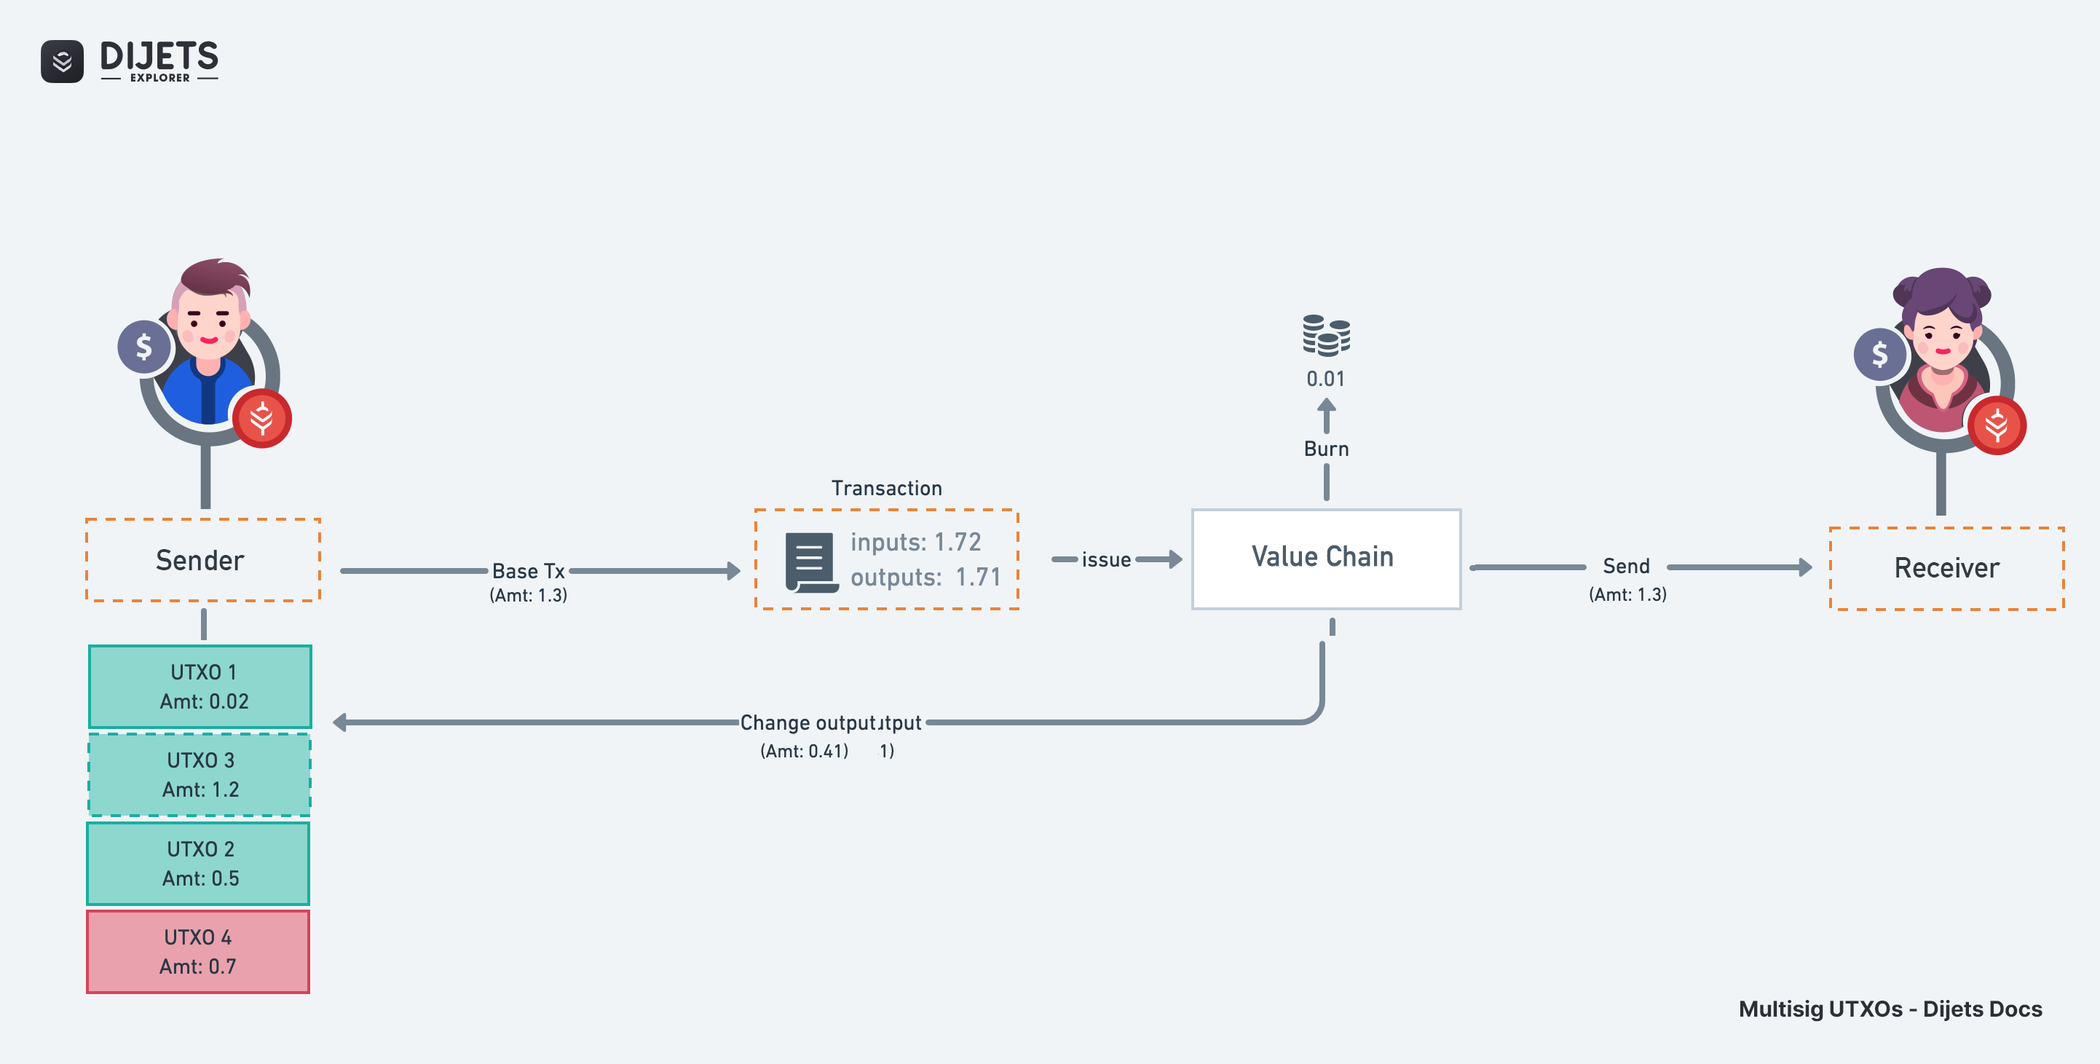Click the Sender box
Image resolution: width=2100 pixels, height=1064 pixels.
point(203,560)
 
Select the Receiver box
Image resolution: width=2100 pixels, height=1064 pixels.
point(1946,568)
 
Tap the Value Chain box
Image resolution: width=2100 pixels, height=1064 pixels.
point(1325,559)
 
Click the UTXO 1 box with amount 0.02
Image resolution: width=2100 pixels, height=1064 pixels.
point(200,687)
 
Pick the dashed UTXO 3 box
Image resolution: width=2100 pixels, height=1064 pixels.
point(200,775)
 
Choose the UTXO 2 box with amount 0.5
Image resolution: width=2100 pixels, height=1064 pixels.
point(199,864)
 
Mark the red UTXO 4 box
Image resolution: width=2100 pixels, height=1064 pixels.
point(198,952)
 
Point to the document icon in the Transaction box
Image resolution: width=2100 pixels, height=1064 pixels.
point(810,561)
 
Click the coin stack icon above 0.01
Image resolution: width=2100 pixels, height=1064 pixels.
point(1325,335)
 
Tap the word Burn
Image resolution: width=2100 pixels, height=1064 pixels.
point(1325,449)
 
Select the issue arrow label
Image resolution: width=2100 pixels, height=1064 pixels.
point(1105,560)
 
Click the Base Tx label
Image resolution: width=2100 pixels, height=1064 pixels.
point(528,571)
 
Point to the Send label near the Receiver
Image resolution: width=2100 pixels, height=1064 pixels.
point(1625,566)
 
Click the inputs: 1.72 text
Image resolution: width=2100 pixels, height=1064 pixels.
point(915,542)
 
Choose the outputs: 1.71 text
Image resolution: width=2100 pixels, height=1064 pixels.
point(925,578)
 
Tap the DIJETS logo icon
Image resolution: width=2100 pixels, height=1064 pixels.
point(62,61)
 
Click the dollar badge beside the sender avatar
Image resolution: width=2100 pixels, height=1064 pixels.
point(144,347)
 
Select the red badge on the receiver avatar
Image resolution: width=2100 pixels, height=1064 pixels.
point(1997,425)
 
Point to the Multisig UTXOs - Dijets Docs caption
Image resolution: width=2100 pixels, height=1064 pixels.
point(1890,1009)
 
